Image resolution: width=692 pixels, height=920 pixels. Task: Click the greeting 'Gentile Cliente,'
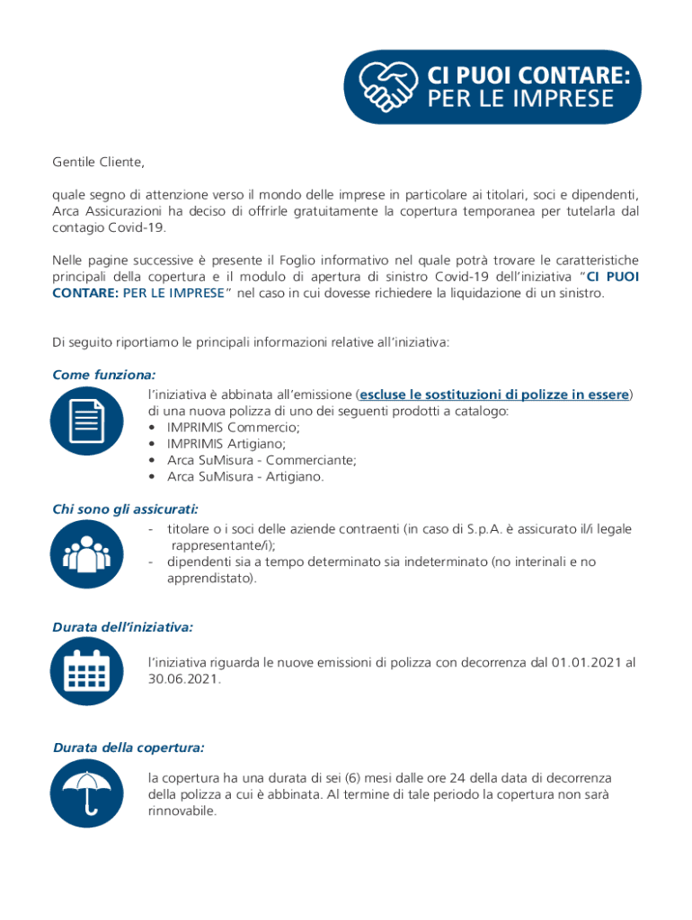pyautogui.click(x=98, y=163)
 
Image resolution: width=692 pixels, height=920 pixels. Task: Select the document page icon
pyautogui.click(x=86, y=420)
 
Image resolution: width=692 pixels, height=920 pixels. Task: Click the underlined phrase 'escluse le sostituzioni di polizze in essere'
pyautogui.click(x=494, y=394)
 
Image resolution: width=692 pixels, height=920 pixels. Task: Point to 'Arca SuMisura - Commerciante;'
pyautogui.click(x=262, y=460)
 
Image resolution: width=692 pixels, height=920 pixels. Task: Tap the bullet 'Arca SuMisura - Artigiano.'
pyautogui.click(x=245, y=476)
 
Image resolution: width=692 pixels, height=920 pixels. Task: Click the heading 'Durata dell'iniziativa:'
pyautogui.click(x=123, y=625)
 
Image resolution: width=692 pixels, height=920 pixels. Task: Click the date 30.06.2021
pyautogui.click(x=183, y=679)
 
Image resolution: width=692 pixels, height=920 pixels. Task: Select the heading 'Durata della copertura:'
pyautogui.click(x=129, y=747)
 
